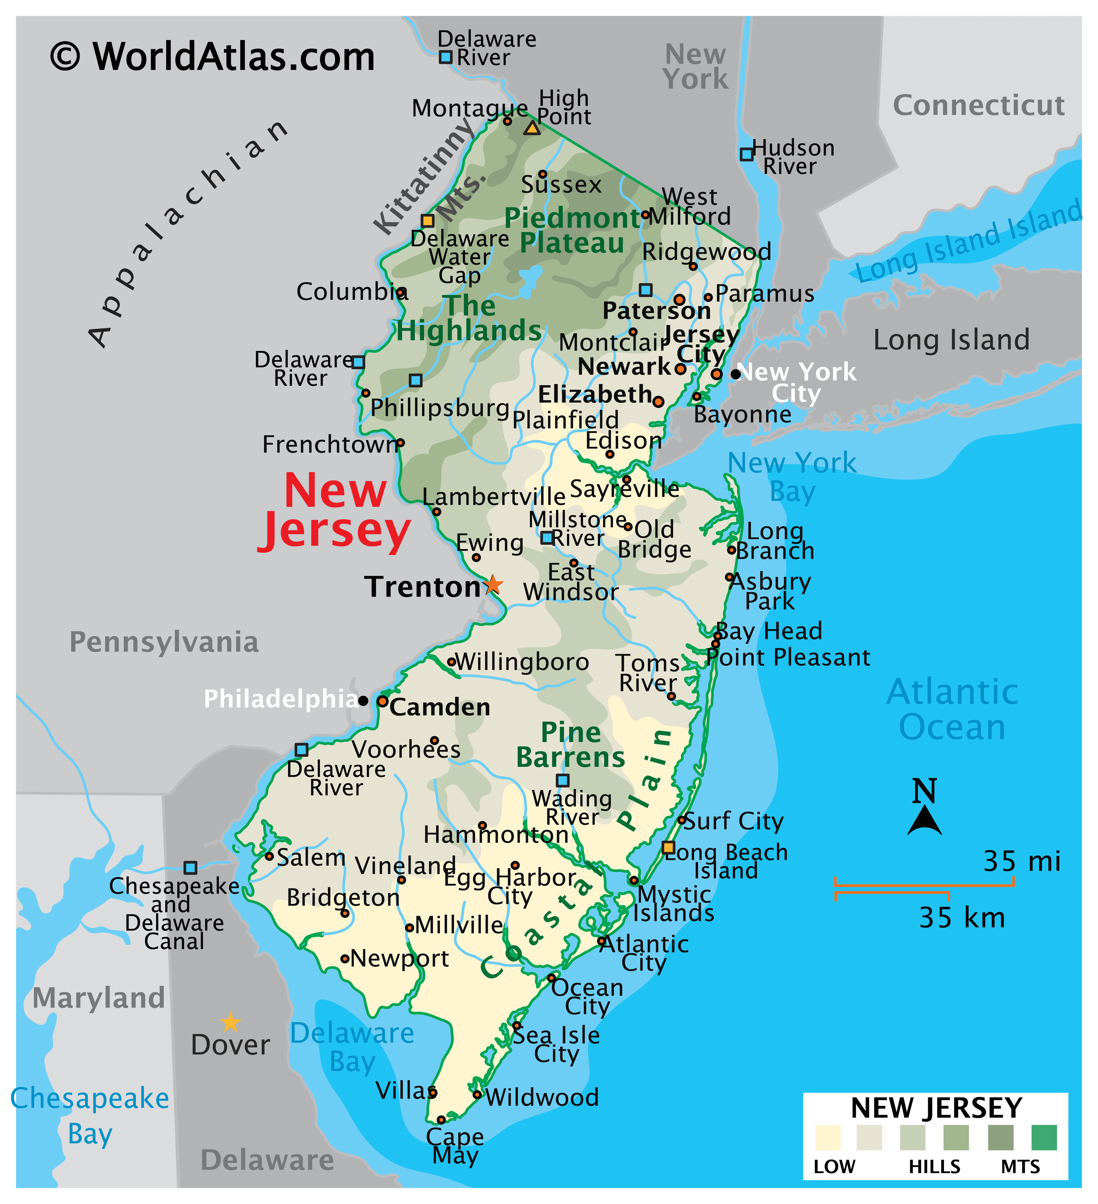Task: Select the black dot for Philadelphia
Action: click(363, 700)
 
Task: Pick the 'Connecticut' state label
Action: click(978, 106)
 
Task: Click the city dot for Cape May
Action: click(441, 1120)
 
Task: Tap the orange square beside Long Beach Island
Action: click(669, 847)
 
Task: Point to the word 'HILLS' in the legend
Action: click(934, 1167)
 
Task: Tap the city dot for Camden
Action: click(383, 701)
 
